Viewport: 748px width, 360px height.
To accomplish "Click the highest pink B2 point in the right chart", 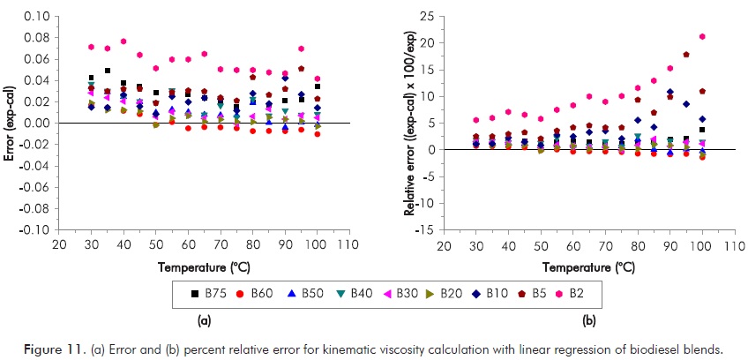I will (702, 36).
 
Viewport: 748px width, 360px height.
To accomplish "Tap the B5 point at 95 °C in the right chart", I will (686, 55).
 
